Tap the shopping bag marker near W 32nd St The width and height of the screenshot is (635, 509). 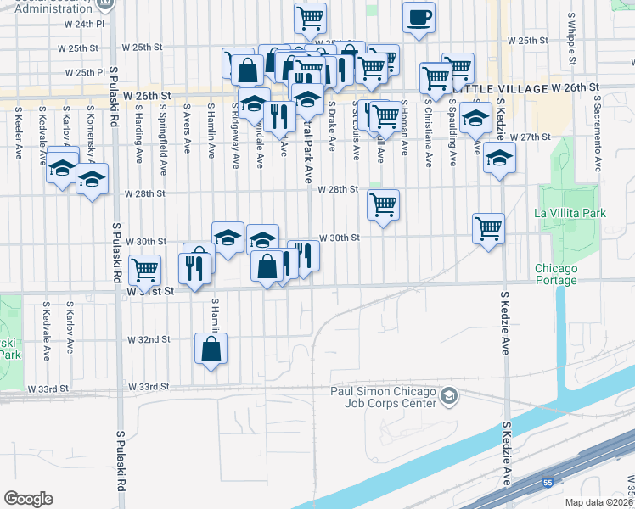tap(211, 349)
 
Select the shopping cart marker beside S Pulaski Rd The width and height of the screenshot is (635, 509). tap(145, 271)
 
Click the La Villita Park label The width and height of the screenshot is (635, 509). tap(570, 213)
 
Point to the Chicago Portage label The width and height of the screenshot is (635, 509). tap(556, 274)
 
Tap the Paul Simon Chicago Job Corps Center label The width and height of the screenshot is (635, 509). tap(384, 396)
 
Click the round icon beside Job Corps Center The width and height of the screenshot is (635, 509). tap(448, 396)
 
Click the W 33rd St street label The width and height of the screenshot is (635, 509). tap(48, 388)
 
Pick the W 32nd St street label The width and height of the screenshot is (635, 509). tap(149, 339)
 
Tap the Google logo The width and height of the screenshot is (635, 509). tap(28, 499)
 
